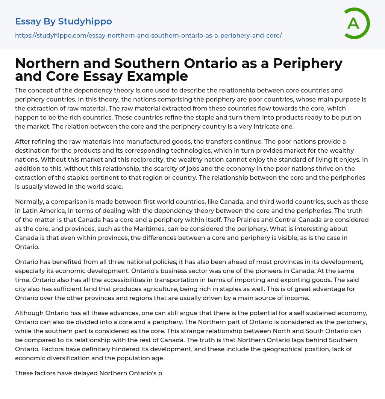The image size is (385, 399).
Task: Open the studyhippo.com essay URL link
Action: [x=148, y=36]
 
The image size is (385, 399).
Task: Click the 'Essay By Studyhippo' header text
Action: [x=64, y=21]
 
